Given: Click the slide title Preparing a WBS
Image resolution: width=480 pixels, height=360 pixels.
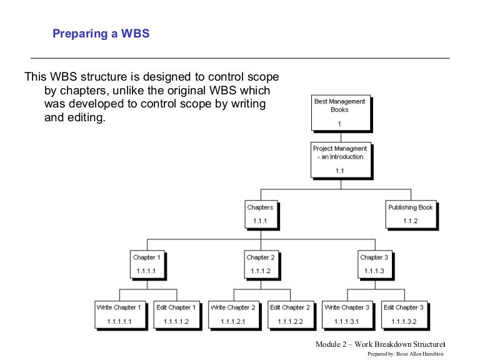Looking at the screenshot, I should (x=101, y=34).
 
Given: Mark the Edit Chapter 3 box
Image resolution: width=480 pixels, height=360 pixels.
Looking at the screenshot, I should (x=403, y=314).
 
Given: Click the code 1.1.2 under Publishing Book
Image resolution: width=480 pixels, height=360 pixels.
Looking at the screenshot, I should (x=410, y=221).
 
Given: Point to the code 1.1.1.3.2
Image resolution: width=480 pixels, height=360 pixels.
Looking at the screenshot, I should (x=403, y=321).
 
